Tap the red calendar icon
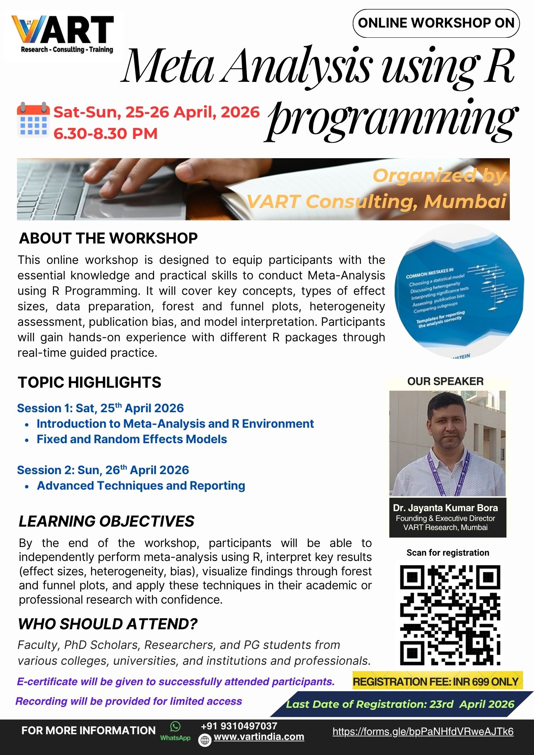[33, 120]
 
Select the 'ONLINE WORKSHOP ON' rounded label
[436, 23]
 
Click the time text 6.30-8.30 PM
[105, 134]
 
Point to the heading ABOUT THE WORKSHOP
[108, 238]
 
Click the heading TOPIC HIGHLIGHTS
[90, 382]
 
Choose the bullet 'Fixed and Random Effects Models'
[132, 439]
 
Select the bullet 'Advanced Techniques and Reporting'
[141, 486]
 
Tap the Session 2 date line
[103, 470]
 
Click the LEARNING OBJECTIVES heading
[106, 521]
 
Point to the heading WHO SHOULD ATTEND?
[108, 624]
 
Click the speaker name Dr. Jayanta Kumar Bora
[445, 508]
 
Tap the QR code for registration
[450, 615]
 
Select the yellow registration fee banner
[437, 681]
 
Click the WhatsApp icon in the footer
[175, 726]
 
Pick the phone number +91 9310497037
[239, 726]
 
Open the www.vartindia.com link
[259, 737]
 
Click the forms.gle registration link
[423, 732]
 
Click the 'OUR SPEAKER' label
[445, 381]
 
